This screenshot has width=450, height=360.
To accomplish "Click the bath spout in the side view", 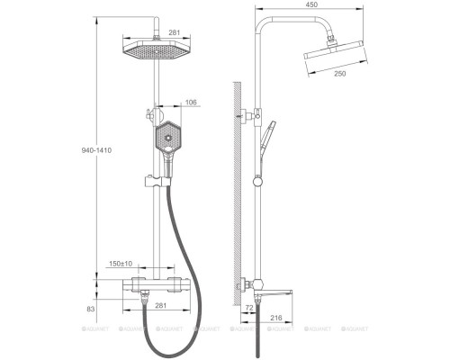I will click(282, 290).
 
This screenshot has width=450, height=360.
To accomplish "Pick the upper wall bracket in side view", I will click(245, 115).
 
